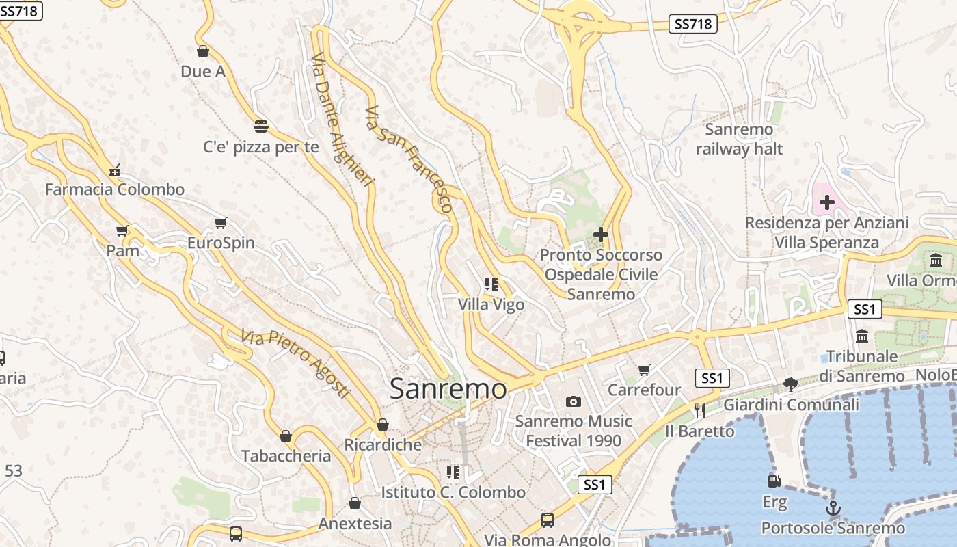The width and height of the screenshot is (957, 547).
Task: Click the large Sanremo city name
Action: tap(448, 389)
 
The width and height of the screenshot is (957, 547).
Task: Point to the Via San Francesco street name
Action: tap(409, 159)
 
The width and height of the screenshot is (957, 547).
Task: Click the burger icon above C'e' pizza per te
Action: tap(260, 126)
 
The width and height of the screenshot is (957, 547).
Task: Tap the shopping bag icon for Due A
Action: tap(202, 51)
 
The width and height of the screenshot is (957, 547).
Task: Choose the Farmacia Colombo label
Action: tap(115, 189)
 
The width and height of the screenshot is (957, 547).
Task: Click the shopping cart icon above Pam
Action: tap(122, 231)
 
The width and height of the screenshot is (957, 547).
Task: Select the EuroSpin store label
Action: tap(221, 243)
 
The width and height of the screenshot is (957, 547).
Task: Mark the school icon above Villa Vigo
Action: tap(491, 284)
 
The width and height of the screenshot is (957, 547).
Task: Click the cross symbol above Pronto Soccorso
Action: tap(601, 235)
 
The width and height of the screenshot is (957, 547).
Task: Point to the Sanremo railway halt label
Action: tap(739, 139)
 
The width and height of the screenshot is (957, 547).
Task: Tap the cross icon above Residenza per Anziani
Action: tap(827, 202)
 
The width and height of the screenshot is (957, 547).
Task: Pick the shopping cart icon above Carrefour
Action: tap(644, 371)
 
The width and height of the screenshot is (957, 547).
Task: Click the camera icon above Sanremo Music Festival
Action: tap(573, 401)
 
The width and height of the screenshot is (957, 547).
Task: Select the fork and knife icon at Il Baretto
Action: tap(699, 410)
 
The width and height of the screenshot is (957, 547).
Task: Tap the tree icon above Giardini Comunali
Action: tap(791, 385)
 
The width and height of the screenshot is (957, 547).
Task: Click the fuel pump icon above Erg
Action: tap(774, 481)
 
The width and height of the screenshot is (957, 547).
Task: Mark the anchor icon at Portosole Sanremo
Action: tap(833, 508)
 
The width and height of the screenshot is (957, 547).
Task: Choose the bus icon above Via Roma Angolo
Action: tap(547, 520)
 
